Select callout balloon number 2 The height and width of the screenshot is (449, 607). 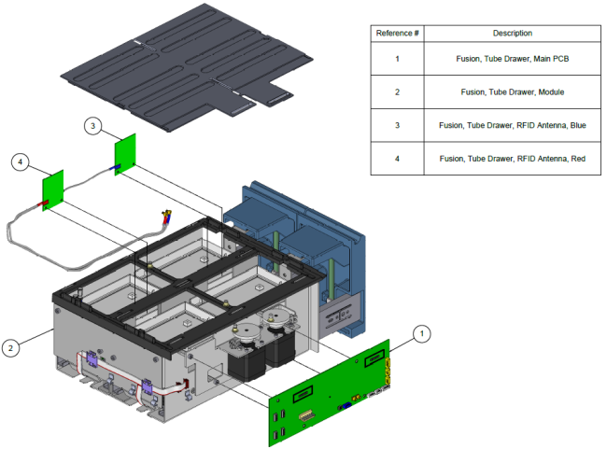click(10, 348)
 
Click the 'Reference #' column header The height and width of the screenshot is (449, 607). click(397, 34)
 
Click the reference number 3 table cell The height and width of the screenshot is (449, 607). click(397, 125)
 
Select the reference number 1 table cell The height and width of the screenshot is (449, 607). click(397, 59)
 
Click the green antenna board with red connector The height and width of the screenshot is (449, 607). click(51, 190)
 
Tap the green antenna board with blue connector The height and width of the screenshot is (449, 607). click(125, 151)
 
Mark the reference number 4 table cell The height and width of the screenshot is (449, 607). click(397, 159)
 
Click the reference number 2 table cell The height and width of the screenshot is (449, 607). click(397, 91)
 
